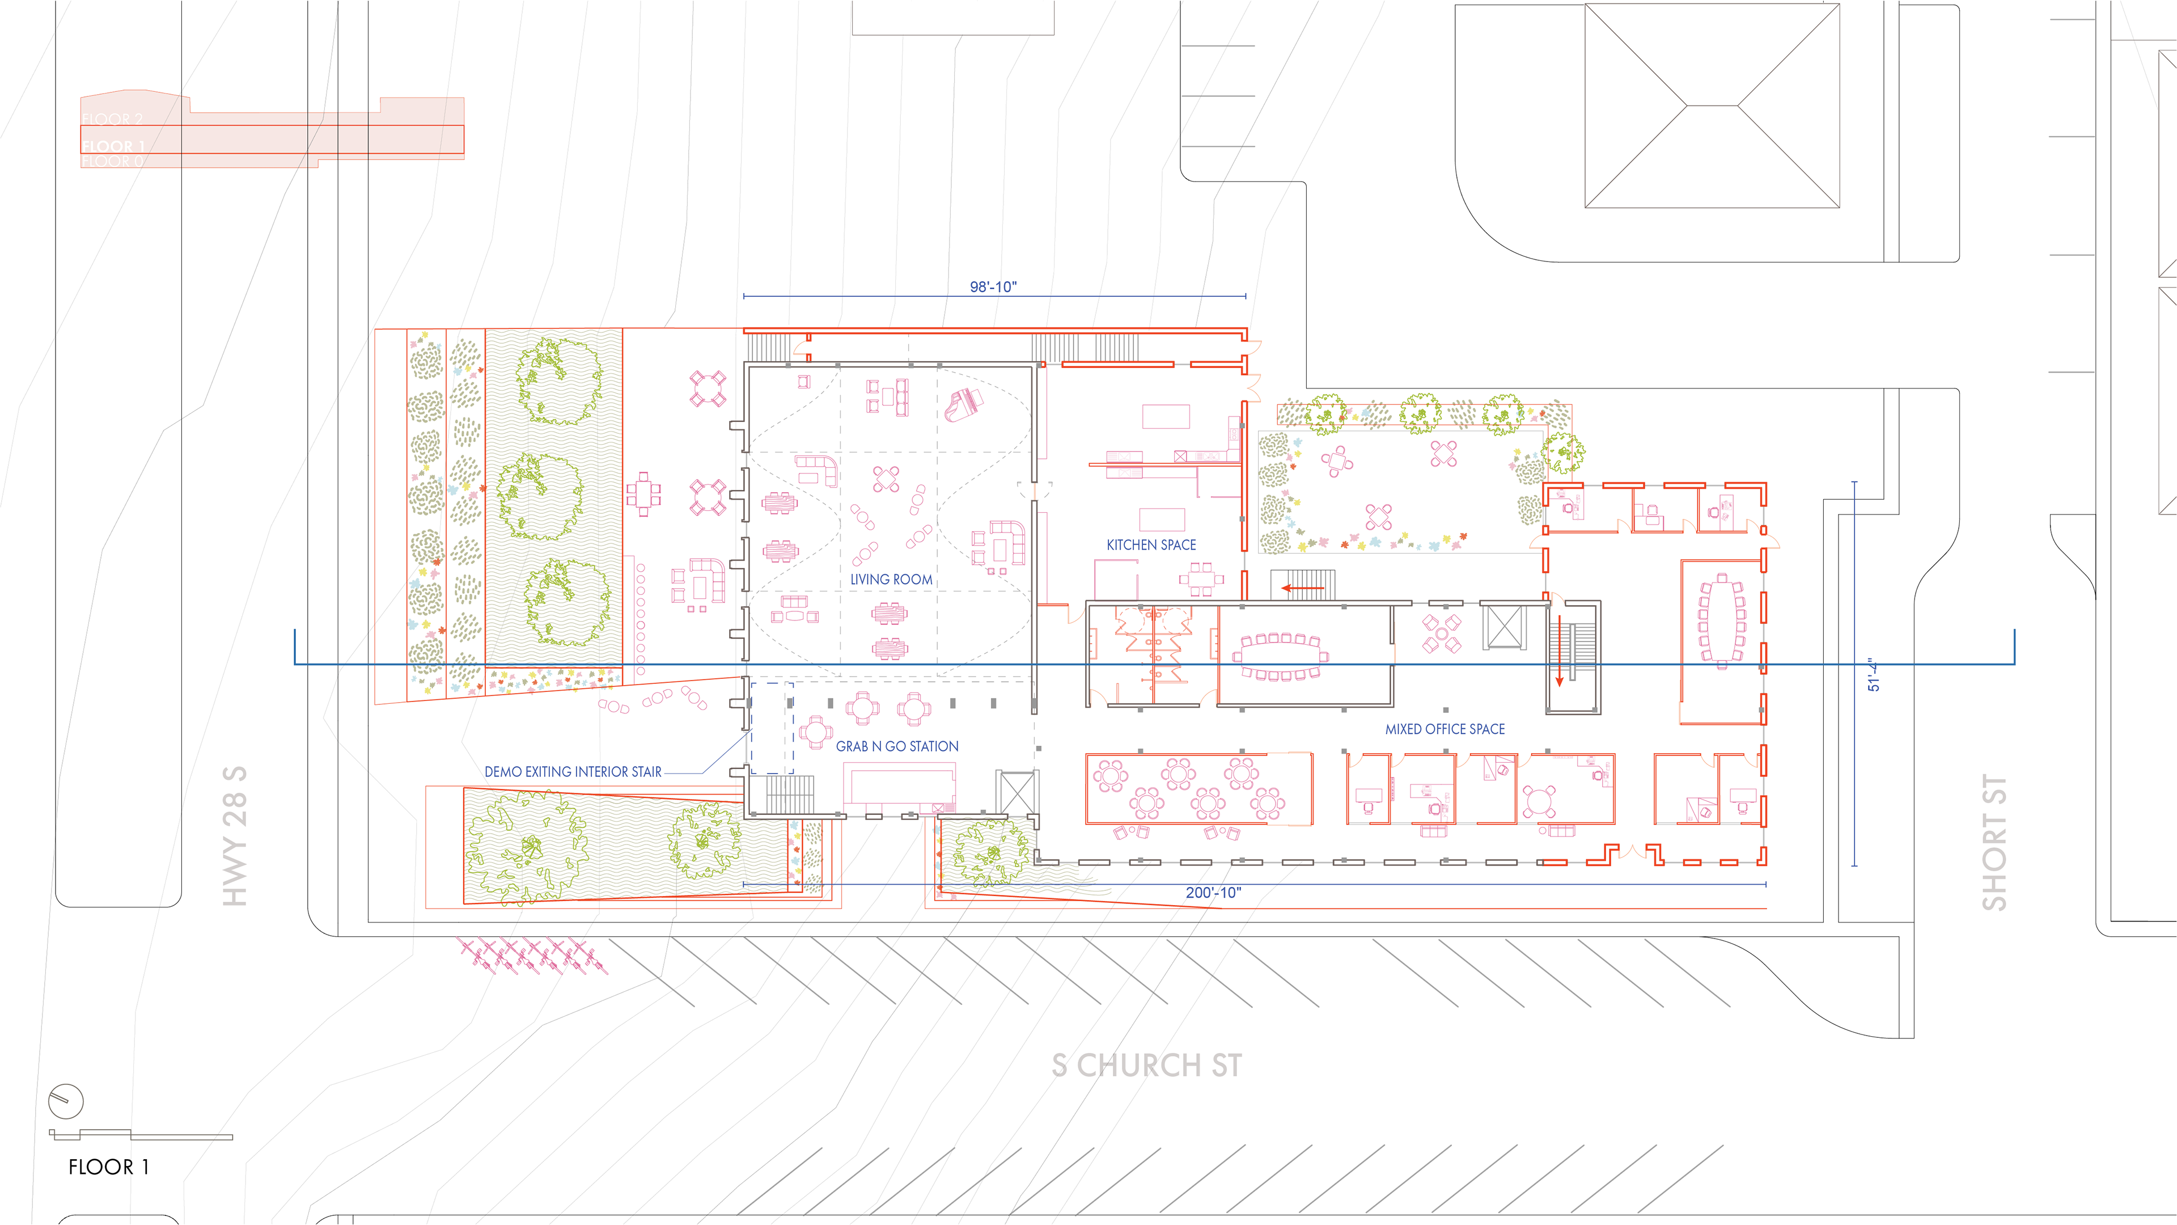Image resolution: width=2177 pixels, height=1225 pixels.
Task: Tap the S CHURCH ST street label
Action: [x=1147, y=1065]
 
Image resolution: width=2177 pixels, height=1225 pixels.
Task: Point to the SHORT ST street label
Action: [x=1994, y=842]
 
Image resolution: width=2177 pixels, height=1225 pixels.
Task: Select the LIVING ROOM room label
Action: [x=891, y=579]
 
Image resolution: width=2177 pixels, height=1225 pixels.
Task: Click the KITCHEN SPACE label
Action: [x=1151, y=545]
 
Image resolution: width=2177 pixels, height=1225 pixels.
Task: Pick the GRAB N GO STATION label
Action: [x=897, y=746]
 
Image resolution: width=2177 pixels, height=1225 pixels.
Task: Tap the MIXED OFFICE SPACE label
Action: [x=1445, y=729]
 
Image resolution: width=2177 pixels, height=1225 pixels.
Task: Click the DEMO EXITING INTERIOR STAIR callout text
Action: [x=572, y=772]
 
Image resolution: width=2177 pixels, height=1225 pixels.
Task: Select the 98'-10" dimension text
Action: [x=993, y=286]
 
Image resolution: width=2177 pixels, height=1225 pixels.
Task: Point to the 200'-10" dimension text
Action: [x=1213, y=893]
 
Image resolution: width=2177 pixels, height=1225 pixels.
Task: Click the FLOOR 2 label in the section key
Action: [x=112, y=119]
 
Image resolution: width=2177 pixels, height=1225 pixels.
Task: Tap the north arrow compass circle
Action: [x=66, y=1101]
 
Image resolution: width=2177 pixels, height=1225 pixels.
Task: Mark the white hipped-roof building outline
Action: [x=1712, y=105]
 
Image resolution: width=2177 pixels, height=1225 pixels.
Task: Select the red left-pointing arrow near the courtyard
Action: [x=1302, y=588]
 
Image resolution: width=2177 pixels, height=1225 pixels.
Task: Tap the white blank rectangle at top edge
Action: [x=953, y=18]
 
